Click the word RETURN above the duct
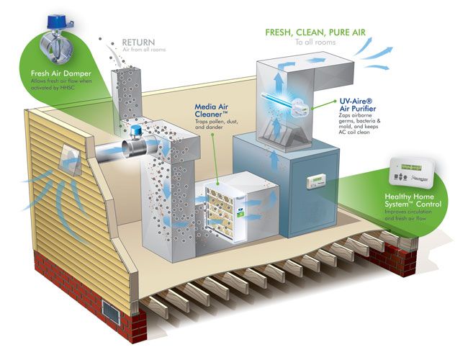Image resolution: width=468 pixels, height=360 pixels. (139, 42)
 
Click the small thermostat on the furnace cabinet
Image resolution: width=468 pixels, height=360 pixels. (317, 182)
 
